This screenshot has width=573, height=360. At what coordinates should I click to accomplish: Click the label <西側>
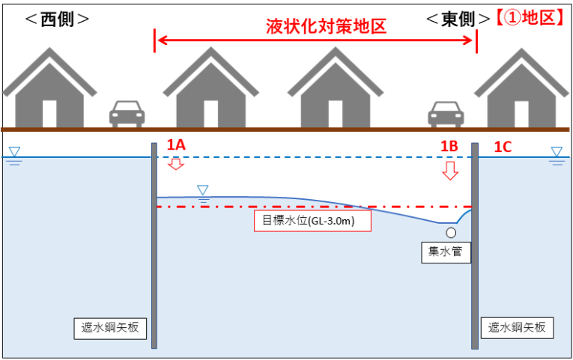(x=57, y=19)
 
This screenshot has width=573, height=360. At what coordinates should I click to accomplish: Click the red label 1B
(x=449, y=147)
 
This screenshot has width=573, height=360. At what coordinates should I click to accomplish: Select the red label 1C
(x=502, y=147)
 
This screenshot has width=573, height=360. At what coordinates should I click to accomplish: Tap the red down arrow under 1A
(x=176, y=164)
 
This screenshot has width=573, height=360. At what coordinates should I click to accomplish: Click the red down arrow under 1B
(x=449, y=171)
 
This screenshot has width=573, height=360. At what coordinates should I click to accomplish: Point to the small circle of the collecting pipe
(x=451, y=232)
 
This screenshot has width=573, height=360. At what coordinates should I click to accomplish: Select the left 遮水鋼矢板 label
(x=110, y=327)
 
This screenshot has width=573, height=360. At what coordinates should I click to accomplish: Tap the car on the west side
(x=127, y=114)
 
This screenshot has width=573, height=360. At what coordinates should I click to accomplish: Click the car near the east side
(x=446, y=114)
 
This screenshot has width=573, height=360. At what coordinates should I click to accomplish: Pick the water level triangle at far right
(x=557, y=153)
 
